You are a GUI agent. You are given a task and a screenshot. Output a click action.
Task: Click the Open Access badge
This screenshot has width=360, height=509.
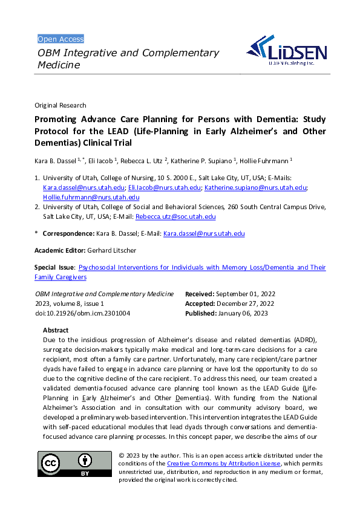pyautogui.click(x=61, y=39)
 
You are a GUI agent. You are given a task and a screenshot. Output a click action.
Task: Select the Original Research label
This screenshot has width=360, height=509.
pyautogui.click(x=61, y=105)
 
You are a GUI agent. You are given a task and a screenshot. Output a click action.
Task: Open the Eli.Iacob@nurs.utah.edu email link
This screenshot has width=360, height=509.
pyautogui.click(x=165, y=188)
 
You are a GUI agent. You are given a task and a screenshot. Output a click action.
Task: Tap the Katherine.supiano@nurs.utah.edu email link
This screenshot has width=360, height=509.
pyautogui.click(x=255, y=188)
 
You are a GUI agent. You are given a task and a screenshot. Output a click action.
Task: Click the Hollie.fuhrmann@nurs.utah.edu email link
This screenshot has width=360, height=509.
pyautogui.click(x=91, y=197)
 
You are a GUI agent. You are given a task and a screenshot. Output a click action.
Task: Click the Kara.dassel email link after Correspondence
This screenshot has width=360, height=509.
pyautogui.click(x=204, y=233)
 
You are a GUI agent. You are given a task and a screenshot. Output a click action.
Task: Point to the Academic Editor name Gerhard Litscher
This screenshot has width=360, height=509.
pyautogui.click(x=112, y=250)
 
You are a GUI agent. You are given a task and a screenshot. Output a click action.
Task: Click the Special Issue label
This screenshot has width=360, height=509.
pyautogui.click(x=54, y=267)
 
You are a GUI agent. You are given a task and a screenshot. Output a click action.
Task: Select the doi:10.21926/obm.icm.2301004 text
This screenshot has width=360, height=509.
pyautogui.click(x=82, y=314)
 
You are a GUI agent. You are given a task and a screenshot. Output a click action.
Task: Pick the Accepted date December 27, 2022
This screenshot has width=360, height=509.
pyautogui.click(x=246, y=303)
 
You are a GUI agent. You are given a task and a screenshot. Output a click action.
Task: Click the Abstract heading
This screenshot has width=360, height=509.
pyautogui.click(x=56, y=331)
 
